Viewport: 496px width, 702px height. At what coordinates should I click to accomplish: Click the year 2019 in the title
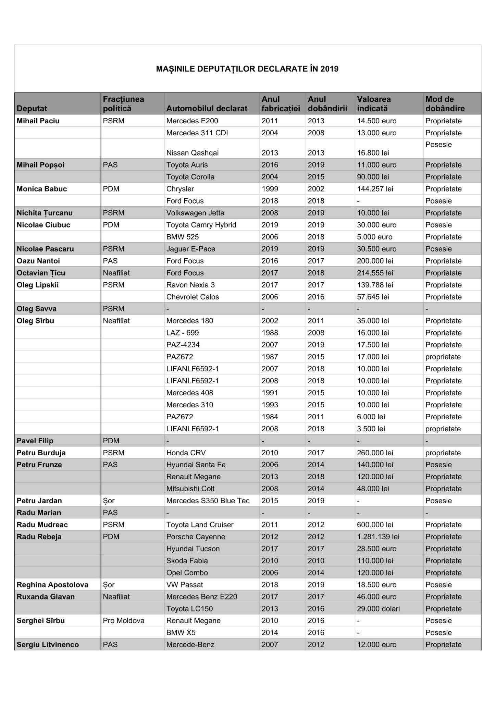pyautogui.click(x=329, y=69)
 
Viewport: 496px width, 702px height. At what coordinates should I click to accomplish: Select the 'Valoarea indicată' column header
pyautogui.click(x=374, y=104)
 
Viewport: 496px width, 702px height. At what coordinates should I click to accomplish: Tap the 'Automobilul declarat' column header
pyautogui.click(x=207, y=109)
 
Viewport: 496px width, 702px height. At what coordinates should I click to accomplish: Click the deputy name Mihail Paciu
pyautogui.click(x=38, y=121)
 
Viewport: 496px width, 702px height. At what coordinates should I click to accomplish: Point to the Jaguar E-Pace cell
pyautogui.click(x=190, y=249)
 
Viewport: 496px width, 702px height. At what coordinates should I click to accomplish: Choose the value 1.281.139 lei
pyautogui.click(x=378, y=537)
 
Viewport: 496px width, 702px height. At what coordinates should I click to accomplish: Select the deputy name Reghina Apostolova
pyautogui.click(x=52, y=585)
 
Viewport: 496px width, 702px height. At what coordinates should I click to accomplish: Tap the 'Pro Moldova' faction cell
pyautogui.click(x=124, y=621)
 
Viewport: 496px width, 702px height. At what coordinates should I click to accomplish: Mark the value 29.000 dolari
pyautogui.click(x=378, y=609)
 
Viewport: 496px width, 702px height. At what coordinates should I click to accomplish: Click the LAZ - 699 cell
pyautogui.click(x=182, y=333)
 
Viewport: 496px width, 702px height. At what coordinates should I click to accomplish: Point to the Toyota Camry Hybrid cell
pyautogui.click(x=201, y=225)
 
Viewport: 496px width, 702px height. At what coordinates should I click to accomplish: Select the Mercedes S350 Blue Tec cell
pyautogui.click(x=208, y=501)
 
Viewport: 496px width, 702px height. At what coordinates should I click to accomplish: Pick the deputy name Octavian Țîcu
pyautogui.click(x=41, y=273)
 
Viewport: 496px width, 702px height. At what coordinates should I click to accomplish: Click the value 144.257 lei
pyautogui.click(x=375, y=189)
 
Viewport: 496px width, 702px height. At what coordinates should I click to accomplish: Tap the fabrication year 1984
pyautogui.click(x=270, y=417)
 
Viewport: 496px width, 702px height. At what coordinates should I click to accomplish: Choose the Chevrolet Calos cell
pyautogui.click(x=193, y=297)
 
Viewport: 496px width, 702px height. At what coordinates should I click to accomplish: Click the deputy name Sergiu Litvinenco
pyautogui.click(x=48, y=645)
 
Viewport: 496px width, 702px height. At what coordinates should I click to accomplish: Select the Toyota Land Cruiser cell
pyautogui.click(x=200, y=525)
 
